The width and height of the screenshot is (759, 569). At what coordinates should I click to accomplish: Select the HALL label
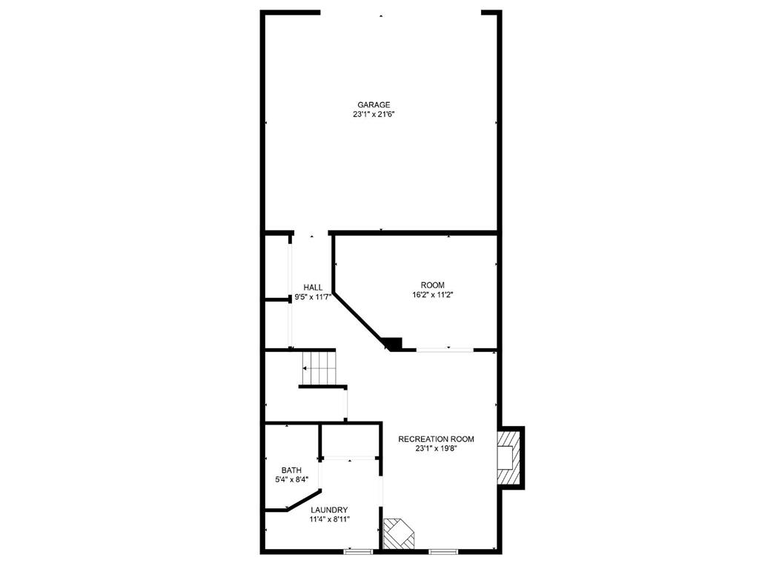pos(313,287)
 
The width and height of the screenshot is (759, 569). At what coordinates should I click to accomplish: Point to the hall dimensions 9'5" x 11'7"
pos(313,298)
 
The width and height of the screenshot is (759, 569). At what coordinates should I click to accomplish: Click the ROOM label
pos(433,285)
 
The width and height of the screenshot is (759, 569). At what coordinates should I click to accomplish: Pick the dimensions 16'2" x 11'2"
pos(433,295)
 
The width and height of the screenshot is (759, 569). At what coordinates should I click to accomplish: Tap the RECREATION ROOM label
pos(436,439)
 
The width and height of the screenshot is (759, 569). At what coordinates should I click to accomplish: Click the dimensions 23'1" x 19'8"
pos(436,449)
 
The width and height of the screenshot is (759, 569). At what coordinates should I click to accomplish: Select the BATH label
pos(291,470)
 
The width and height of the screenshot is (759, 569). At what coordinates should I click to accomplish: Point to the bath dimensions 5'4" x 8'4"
pos(291,480)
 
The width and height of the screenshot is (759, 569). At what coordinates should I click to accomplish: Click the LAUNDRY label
pos(329,510)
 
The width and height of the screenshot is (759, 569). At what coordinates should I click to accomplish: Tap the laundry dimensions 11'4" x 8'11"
pos(329,519)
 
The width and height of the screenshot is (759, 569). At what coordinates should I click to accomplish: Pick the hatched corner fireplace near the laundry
pos(399,533)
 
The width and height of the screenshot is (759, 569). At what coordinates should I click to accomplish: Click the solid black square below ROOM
pos(393,344)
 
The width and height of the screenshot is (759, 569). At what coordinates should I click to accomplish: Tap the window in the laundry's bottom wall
pos(358,551)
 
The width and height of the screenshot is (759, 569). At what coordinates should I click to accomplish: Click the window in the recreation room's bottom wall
pos(443,551)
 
